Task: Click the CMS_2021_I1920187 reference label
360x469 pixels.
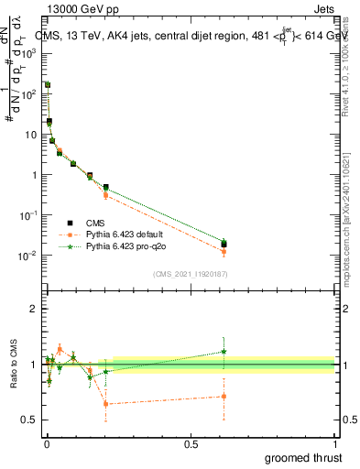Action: point(190,274)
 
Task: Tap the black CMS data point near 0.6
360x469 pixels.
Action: point(224,245)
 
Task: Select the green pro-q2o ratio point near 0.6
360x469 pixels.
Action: point(224,351)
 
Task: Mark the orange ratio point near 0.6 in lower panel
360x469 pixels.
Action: point(224,397)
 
